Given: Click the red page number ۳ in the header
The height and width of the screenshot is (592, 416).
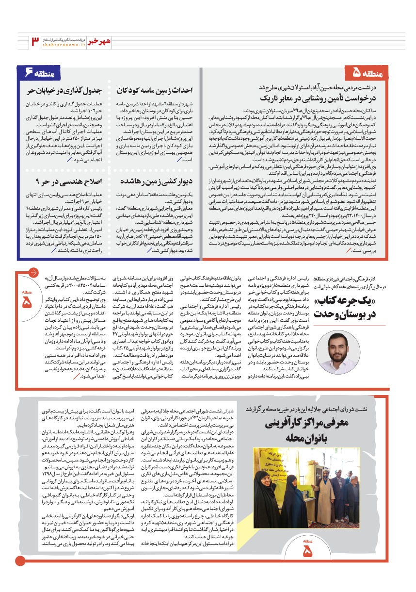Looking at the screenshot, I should point(36,41).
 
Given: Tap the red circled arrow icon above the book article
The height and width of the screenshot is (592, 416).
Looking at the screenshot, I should point(33,272).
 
